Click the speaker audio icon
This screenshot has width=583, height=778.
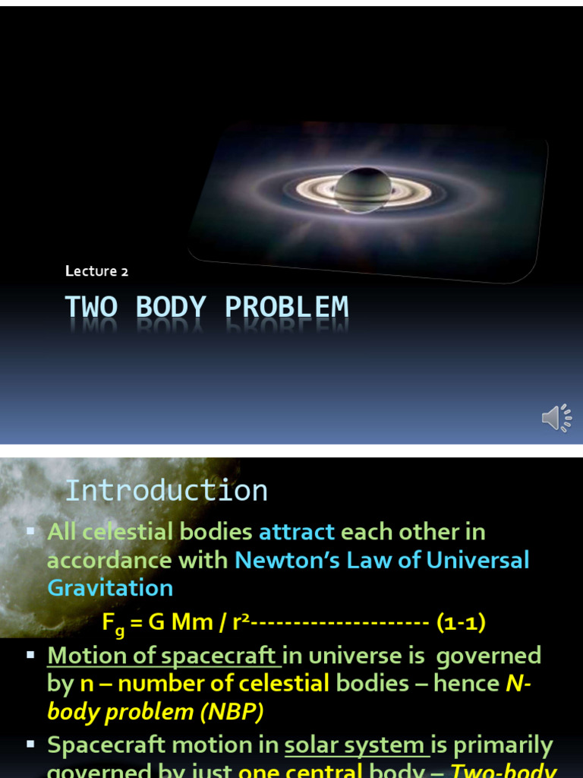pos(556,417)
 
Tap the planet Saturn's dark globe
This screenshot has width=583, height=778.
pos(363,188)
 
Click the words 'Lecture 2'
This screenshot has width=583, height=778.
pos(91,270)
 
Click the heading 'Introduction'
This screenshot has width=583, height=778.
pos(166,490)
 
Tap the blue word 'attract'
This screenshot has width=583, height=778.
pos(297,532)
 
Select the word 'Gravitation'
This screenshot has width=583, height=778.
pos(110,587)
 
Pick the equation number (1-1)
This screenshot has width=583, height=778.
pos(461,623)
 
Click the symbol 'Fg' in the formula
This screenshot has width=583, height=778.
pos(113,625)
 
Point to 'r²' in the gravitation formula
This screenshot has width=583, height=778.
pos(240,623)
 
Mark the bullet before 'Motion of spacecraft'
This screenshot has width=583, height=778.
pos(31,654)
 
